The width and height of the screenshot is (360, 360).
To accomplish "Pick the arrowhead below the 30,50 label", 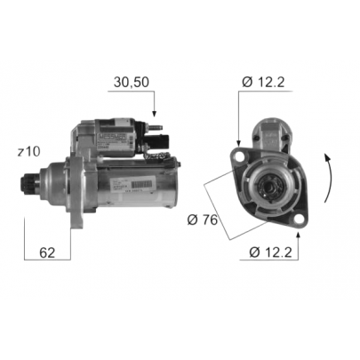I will [156, 114].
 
